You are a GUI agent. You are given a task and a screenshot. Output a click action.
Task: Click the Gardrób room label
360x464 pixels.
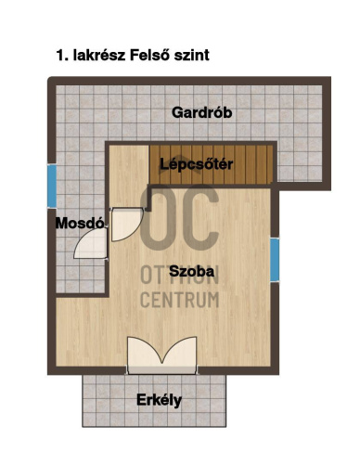tap(201, 113)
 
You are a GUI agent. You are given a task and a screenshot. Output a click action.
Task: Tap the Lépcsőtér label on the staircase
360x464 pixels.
tap(196, 165)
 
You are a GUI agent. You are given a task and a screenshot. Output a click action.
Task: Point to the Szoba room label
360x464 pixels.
tap(192, 271)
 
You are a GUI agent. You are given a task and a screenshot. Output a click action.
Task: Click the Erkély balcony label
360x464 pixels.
tap(159, 401)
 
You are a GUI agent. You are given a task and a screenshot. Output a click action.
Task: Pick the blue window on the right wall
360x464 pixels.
tap(275, 257)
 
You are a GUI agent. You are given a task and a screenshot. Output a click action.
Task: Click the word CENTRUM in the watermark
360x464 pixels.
tap(179, 300)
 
